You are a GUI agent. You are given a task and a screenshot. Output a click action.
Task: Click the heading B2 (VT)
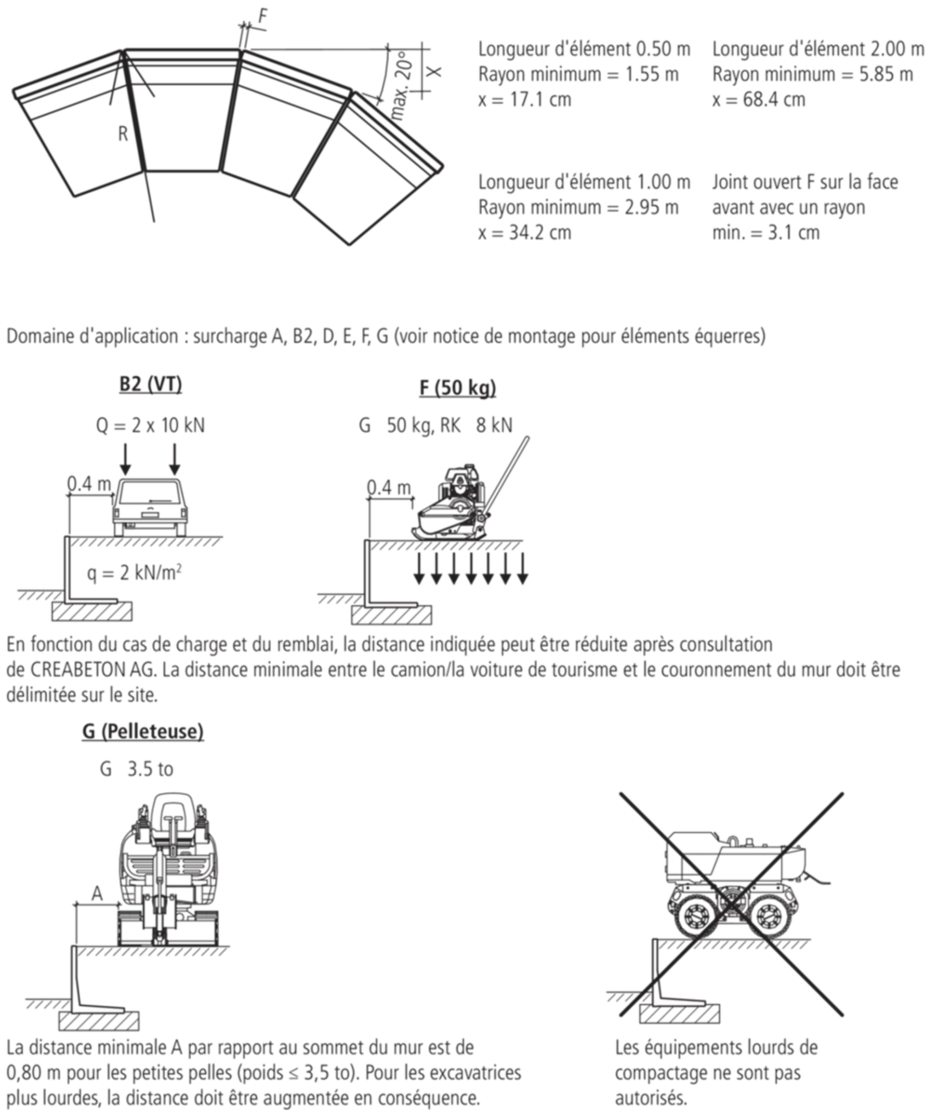[150, 384]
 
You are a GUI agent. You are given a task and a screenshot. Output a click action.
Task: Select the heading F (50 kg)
[458, 387]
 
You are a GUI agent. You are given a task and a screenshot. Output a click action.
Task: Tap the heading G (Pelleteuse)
[143, 731]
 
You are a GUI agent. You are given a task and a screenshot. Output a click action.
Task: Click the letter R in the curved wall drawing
[123, 134]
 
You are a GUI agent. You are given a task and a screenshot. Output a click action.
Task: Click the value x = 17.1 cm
[524, 100]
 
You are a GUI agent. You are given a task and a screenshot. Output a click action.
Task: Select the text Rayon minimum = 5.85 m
[813, 74]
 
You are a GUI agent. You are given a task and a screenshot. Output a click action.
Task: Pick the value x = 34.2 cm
[524, 233]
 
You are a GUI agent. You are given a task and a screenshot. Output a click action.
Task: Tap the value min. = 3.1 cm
[766, 233]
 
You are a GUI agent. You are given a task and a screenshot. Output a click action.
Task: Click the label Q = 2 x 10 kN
[150, 425]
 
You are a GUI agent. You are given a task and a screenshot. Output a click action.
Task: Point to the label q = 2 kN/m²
[134, 573]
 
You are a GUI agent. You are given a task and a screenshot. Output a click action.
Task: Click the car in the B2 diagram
[150, 507]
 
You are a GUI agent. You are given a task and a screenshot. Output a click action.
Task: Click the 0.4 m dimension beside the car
[89, 483]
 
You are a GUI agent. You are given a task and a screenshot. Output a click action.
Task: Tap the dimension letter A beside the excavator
[97, 893]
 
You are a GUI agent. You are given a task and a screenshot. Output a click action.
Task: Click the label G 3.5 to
[137, 769]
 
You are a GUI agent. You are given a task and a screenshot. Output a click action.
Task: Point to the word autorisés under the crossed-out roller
[651, 1098]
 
